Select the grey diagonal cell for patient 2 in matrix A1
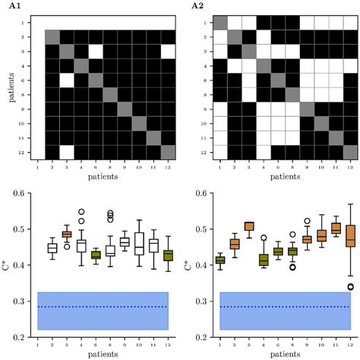click(x=52, y=36)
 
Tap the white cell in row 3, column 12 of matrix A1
click(x=168, y=51)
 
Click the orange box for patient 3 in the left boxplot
click(x=66, y=235)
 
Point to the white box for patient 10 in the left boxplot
click(x=139, y=244)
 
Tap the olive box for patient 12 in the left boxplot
click(x=168, y=255)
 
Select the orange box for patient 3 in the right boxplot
click(x=248, y=226)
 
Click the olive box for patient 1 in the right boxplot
click(x=219, y=260)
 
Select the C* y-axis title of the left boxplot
click(x=9, y=266)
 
